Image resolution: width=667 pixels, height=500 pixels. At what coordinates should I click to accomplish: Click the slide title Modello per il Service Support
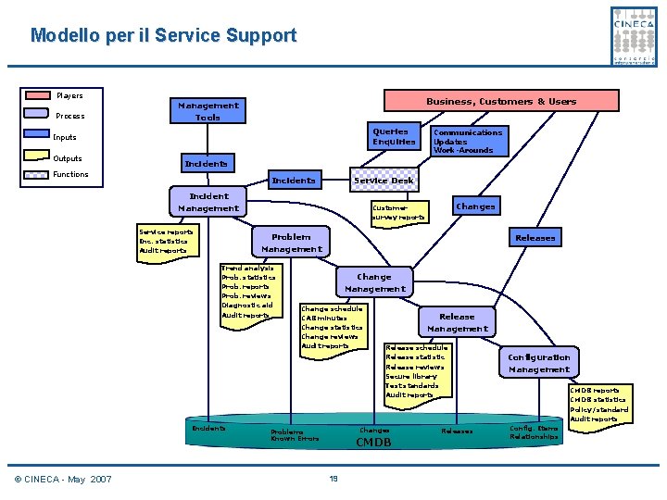point(163,36)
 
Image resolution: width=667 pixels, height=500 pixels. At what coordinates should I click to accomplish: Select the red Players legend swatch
point(38,95)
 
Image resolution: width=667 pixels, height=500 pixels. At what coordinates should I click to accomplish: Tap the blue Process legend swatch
point(38,116)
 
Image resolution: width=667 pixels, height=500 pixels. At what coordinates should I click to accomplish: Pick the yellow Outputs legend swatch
point(38,158)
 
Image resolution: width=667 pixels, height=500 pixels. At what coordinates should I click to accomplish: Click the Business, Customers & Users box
point(500,101)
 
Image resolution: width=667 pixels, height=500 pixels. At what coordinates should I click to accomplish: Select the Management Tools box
point(208,111)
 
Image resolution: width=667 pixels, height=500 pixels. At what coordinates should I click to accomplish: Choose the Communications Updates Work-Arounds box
point(468,141)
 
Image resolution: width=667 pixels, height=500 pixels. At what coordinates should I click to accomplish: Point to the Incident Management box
point(208,202)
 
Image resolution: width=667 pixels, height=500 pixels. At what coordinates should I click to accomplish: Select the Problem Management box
point(291,242)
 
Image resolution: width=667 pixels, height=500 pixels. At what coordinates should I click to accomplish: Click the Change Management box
point(374,282)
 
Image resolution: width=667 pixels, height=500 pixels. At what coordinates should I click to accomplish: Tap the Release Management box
point(457,322)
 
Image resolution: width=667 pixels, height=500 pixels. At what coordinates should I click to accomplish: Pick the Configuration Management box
point(538,363)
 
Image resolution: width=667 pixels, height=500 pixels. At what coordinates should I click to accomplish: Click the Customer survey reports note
point(397,213)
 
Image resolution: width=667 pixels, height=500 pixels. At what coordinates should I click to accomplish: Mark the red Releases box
point(535,238)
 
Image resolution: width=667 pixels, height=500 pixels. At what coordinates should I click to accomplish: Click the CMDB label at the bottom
point(373,443)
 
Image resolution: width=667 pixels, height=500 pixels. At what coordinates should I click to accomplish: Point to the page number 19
point(333,478)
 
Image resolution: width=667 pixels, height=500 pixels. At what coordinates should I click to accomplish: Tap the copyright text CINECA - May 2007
point(63,479)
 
